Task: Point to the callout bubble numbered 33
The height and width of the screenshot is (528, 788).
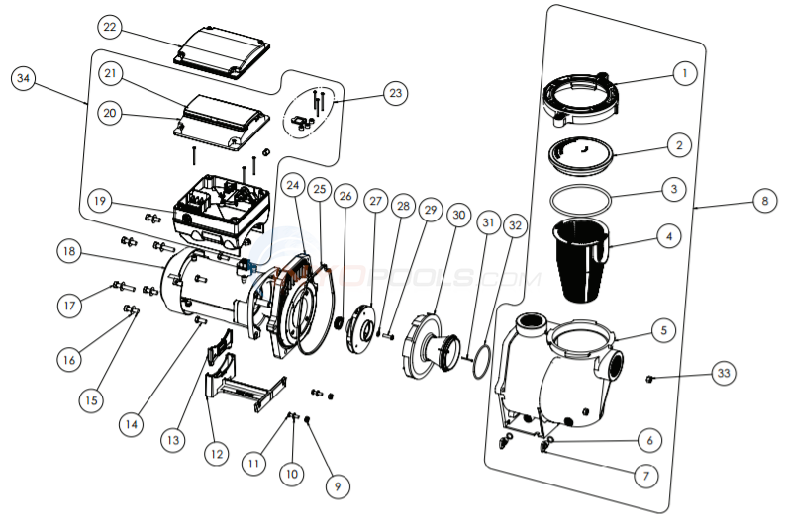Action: click(x=725, y=373)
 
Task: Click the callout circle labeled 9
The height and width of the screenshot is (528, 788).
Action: click(x=337, y=485)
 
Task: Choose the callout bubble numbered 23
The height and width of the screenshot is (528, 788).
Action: click(x=396, y=94)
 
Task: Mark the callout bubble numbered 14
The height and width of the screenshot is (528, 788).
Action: click(x=131, y=423)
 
